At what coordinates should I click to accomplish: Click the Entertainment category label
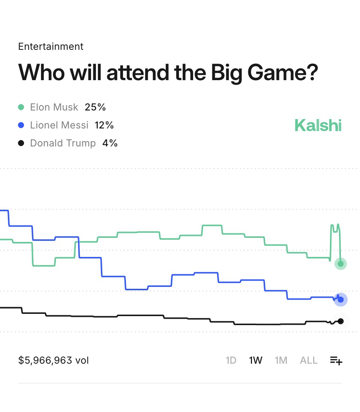click(x=51, y=46)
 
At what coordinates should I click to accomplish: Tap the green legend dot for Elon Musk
click(x=21, y=107)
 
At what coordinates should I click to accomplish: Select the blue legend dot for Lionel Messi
click(x=21, y=125)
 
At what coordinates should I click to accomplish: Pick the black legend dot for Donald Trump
click(x=21, y=143)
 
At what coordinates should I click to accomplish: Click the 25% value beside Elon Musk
click(x=95, y=107)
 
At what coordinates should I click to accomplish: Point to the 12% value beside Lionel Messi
click(x=104, y=125)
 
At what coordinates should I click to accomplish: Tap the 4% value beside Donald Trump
click(x=110, y=143)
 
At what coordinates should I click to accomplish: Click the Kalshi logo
click(x=318, y=125)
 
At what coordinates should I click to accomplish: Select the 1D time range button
click(x=231, y=360)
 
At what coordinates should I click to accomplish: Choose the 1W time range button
click(x=255, y=360)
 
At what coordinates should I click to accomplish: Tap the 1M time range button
click(x=281, y=360)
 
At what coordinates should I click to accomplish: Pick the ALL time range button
click(x=309, y=360)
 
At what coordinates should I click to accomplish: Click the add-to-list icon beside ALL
click(x=336, y=361)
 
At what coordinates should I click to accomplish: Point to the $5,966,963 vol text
click(x=54, y=360)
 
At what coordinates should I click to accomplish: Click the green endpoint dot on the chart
click(x=340, y=264)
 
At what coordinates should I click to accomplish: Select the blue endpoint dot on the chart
click(x=340, y=300)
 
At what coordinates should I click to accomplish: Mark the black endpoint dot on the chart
click(x=340, y=321)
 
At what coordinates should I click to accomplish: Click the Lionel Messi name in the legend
click(x=59, y=125)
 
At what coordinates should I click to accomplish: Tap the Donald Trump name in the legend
click(x=63, y=143)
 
